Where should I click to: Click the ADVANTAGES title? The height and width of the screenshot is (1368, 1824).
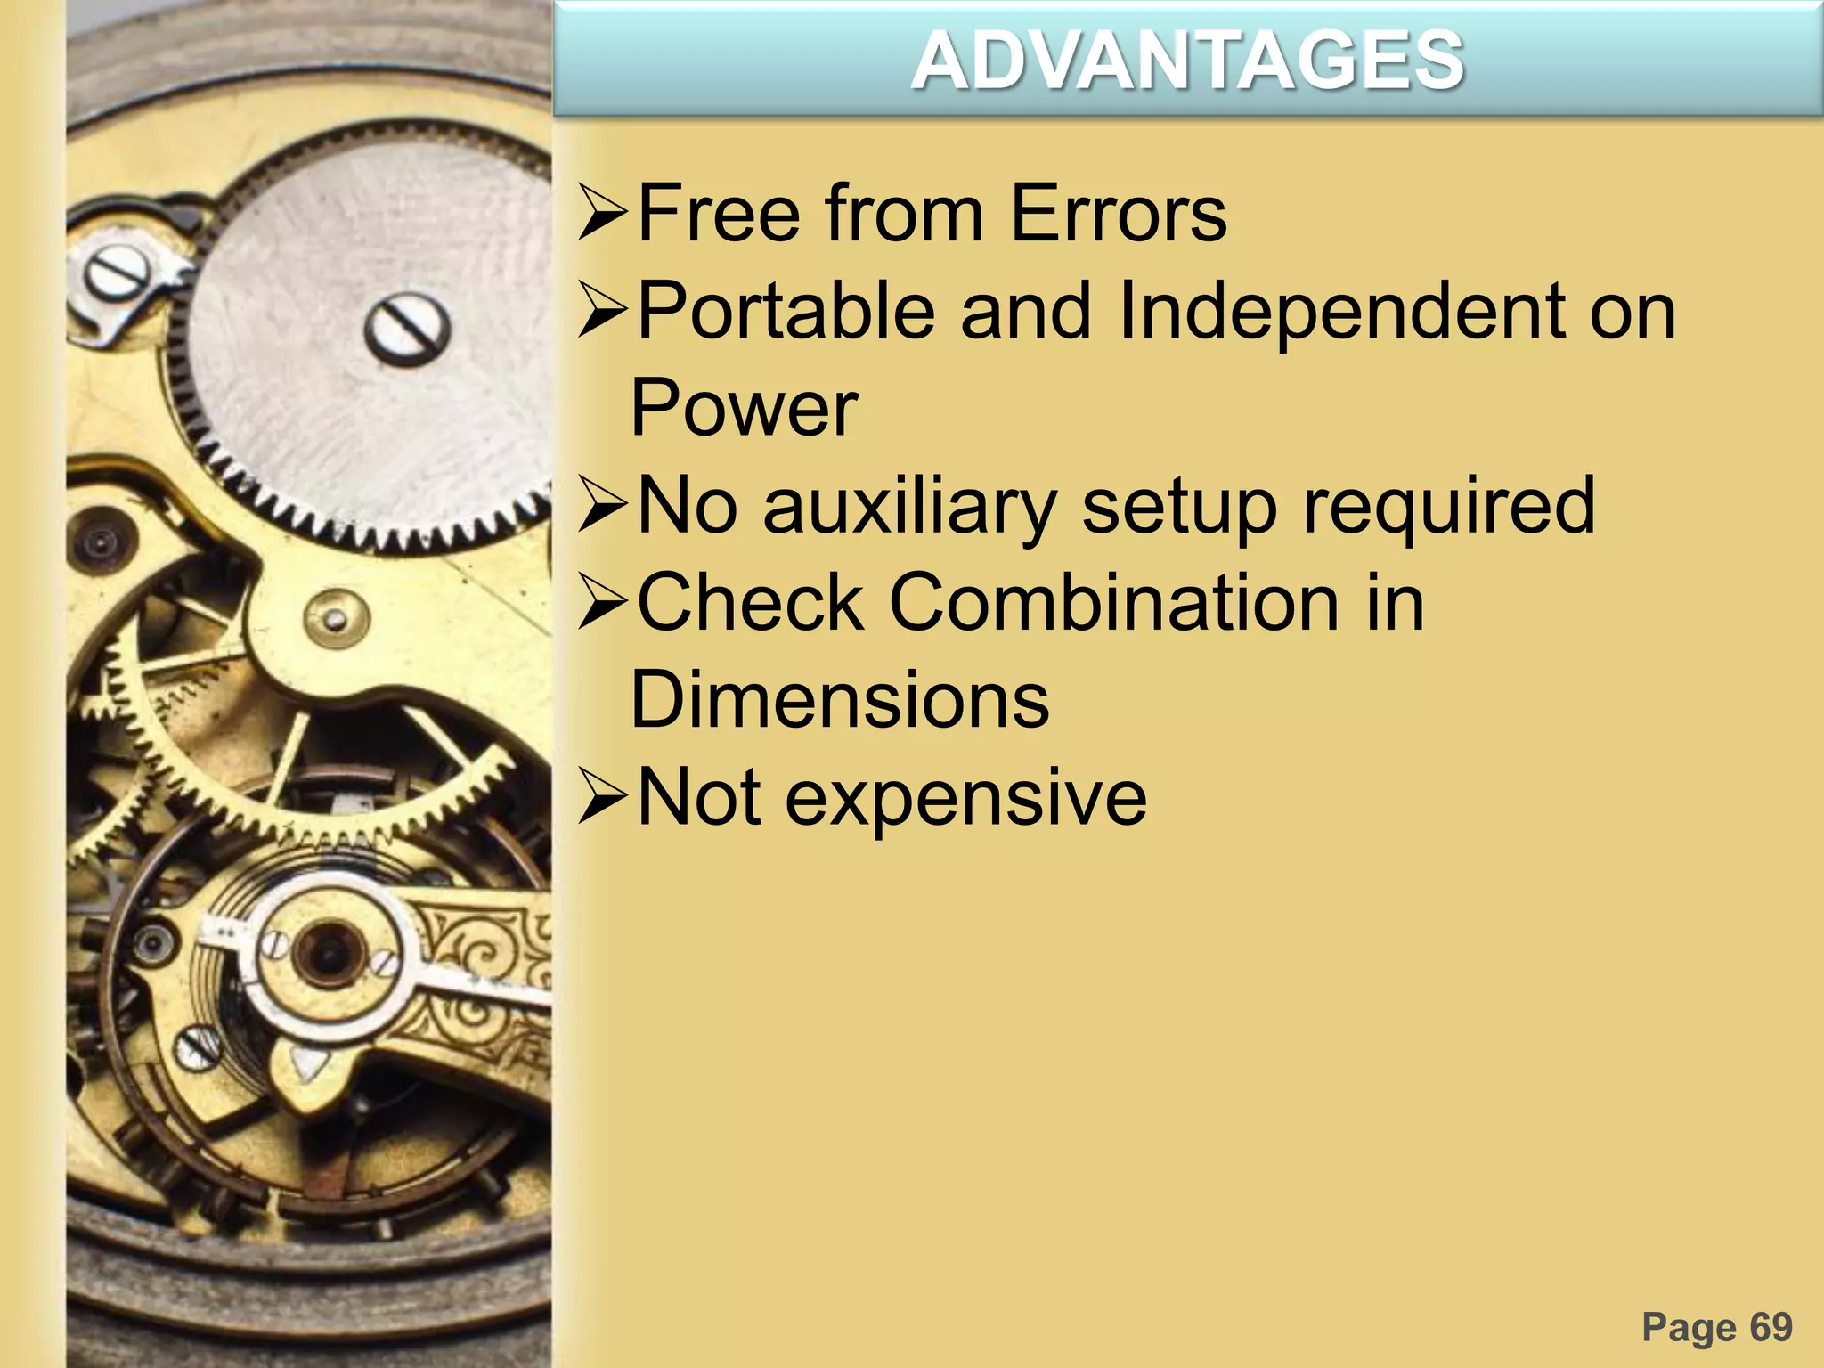[1187, 61]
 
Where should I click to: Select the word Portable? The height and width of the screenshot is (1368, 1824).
[786, 311]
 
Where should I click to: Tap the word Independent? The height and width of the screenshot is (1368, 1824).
[1340, 311]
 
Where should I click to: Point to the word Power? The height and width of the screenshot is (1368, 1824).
[744, 409]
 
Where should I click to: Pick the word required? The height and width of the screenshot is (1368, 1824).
[1448, 506]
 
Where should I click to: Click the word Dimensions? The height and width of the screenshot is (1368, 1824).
[840, 700]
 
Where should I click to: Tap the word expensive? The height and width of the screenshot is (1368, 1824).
[965, 797]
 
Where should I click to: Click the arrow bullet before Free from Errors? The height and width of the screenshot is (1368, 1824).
[603, 214]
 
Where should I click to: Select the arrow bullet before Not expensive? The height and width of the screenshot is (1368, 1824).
[603, 797]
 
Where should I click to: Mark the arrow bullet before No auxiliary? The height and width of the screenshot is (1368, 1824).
[603, 506]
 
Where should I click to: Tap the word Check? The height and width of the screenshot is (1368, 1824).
[750, 603]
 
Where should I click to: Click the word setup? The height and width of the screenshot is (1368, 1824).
[1179, 506]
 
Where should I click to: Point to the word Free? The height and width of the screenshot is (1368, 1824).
[719, 214]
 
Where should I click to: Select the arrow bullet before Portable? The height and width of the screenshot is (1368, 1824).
[603, 311]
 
